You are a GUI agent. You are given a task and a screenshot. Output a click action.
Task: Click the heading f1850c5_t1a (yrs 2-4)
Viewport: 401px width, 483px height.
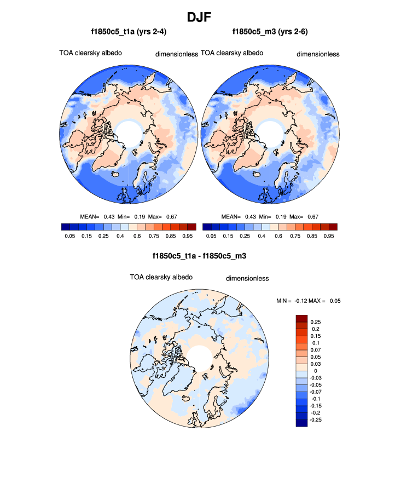tap(129, 32)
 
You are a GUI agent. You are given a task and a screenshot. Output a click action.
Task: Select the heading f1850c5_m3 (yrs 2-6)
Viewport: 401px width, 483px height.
tap(270, 32)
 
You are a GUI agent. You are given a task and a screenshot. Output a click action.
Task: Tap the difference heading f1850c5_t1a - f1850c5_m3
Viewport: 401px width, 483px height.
tap(200, 256)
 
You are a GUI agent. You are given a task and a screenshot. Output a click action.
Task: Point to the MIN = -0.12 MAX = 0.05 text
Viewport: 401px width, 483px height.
tap(309, 301)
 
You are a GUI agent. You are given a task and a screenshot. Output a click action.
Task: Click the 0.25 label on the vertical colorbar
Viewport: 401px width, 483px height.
tap(316, 322)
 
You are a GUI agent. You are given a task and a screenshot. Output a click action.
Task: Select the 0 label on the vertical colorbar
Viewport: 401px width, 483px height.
tap(313, 371)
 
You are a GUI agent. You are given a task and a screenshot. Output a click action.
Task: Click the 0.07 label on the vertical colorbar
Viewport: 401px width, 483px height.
tap(316, 350)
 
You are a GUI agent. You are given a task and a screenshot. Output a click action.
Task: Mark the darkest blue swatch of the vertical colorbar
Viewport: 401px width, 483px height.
tap(301, 422)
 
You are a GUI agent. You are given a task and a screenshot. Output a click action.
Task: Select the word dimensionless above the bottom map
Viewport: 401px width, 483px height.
tap(247, 278)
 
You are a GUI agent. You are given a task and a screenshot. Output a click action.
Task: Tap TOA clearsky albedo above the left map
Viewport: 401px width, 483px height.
tap(90, 53)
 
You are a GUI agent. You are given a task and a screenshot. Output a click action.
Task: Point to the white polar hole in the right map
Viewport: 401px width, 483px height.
tap(270, 132)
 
